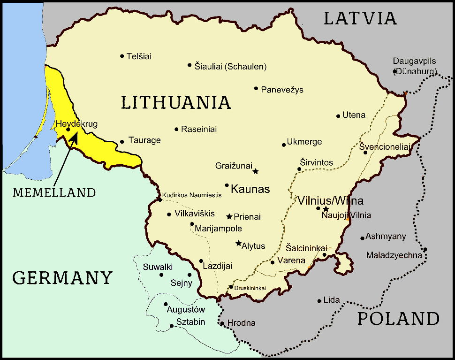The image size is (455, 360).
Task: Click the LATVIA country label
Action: [360, 18]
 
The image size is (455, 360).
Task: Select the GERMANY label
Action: [62, 278]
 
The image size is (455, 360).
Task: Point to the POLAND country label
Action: [398, 319]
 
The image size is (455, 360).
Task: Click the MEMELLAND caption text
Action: [54, 192]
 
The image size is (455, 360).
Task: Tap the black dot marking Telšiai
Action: [122, 56]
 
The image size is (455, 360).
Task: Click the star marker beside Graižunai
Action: [256, 171]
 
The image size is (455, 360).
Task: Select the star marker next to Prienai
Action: [229, 217]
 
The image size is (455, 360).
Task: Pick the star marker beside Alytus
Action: [238, 244]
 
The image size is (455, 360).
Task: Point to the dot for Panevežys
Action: [256, 88]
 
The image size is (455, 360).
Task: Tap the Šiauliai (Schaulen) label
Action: [230, 67]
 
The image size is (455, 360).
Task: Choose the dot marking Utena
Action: [338, 116]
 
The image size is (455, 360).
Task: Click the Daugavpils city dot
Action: [395, 71]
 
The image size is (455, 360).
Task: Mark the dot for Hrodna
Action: [222, 323]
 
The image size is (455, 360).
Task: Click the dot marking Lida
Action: [319, 301]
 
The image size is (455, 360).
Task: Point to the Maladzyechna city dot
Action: [425, 250]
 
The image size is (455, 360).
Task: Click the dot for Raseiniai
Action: [176, 129]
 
